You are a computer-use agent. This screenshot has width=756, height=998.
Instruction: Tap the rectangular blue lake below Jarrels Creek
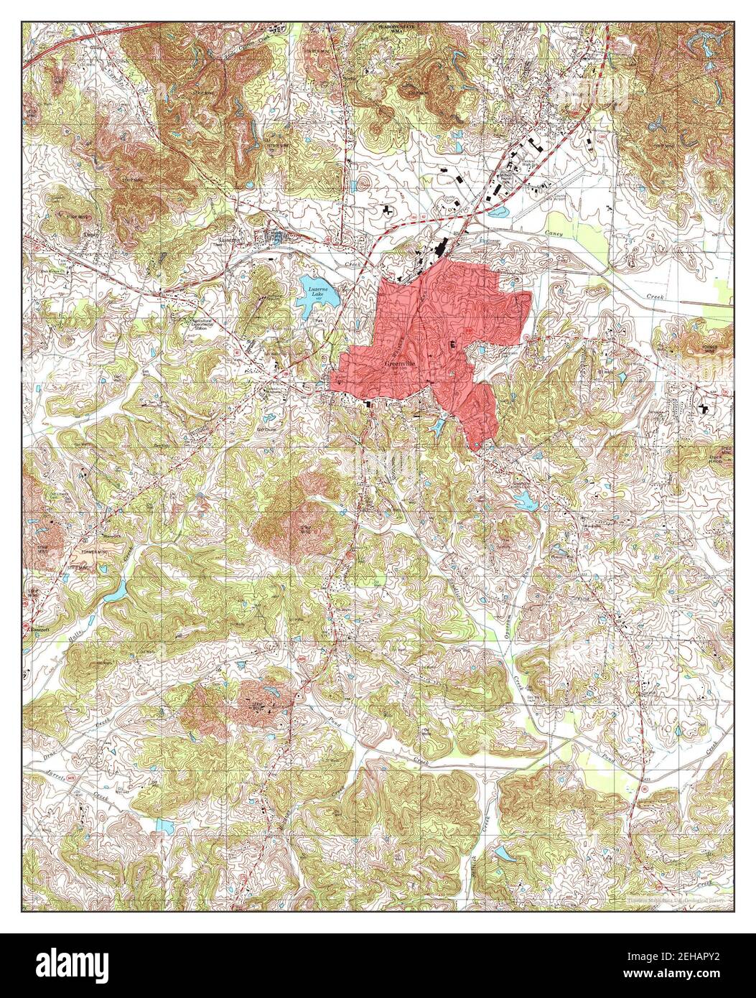tap(164, 827)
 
